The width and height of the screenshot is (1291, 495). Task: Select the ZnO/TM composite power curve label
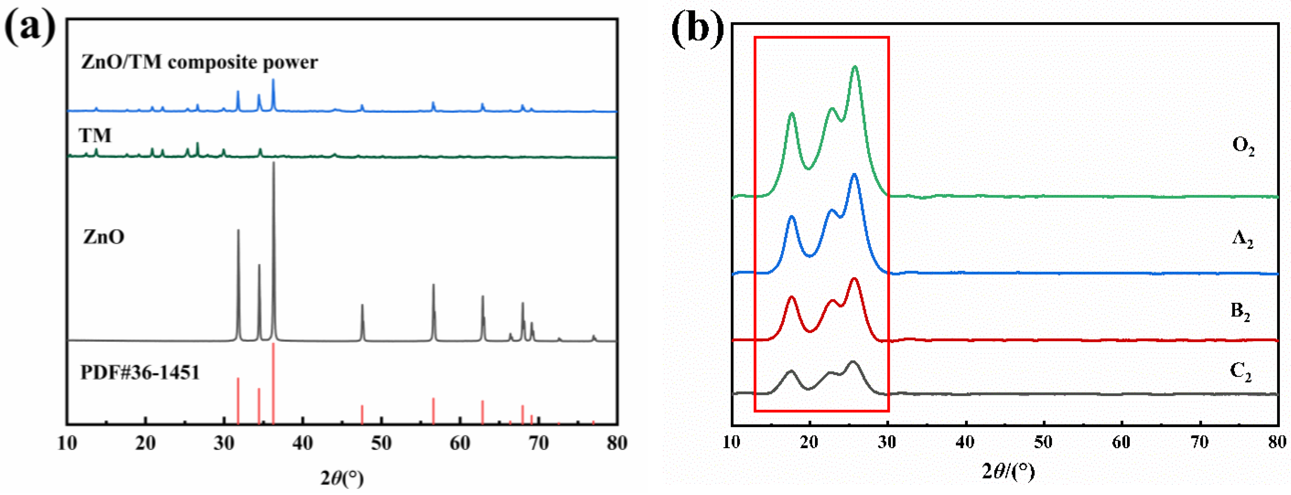(199, 62)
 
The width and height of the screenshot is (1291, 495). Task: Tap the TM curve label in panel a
(95, 135)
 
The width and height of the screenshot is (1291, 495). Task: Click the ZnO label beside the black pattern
(104, 236)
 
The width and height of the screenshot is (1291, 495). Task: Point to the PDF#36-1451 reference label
(140, 372)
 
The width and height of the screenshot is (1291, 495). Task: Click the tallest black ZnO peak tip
(274, 163)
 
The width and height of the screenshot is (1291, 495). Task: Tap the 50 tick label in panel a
(381, 443)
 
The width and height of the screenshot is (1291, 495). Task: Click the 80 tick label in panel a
(616, 443)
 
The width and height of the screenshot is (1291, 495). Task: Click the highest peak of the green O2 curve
(855, 67)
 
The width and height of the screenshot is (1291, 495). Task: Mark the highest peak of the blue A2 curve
(854, 174)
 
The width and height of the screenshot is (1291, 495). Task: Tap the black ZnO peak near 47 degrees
(362, 305)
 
